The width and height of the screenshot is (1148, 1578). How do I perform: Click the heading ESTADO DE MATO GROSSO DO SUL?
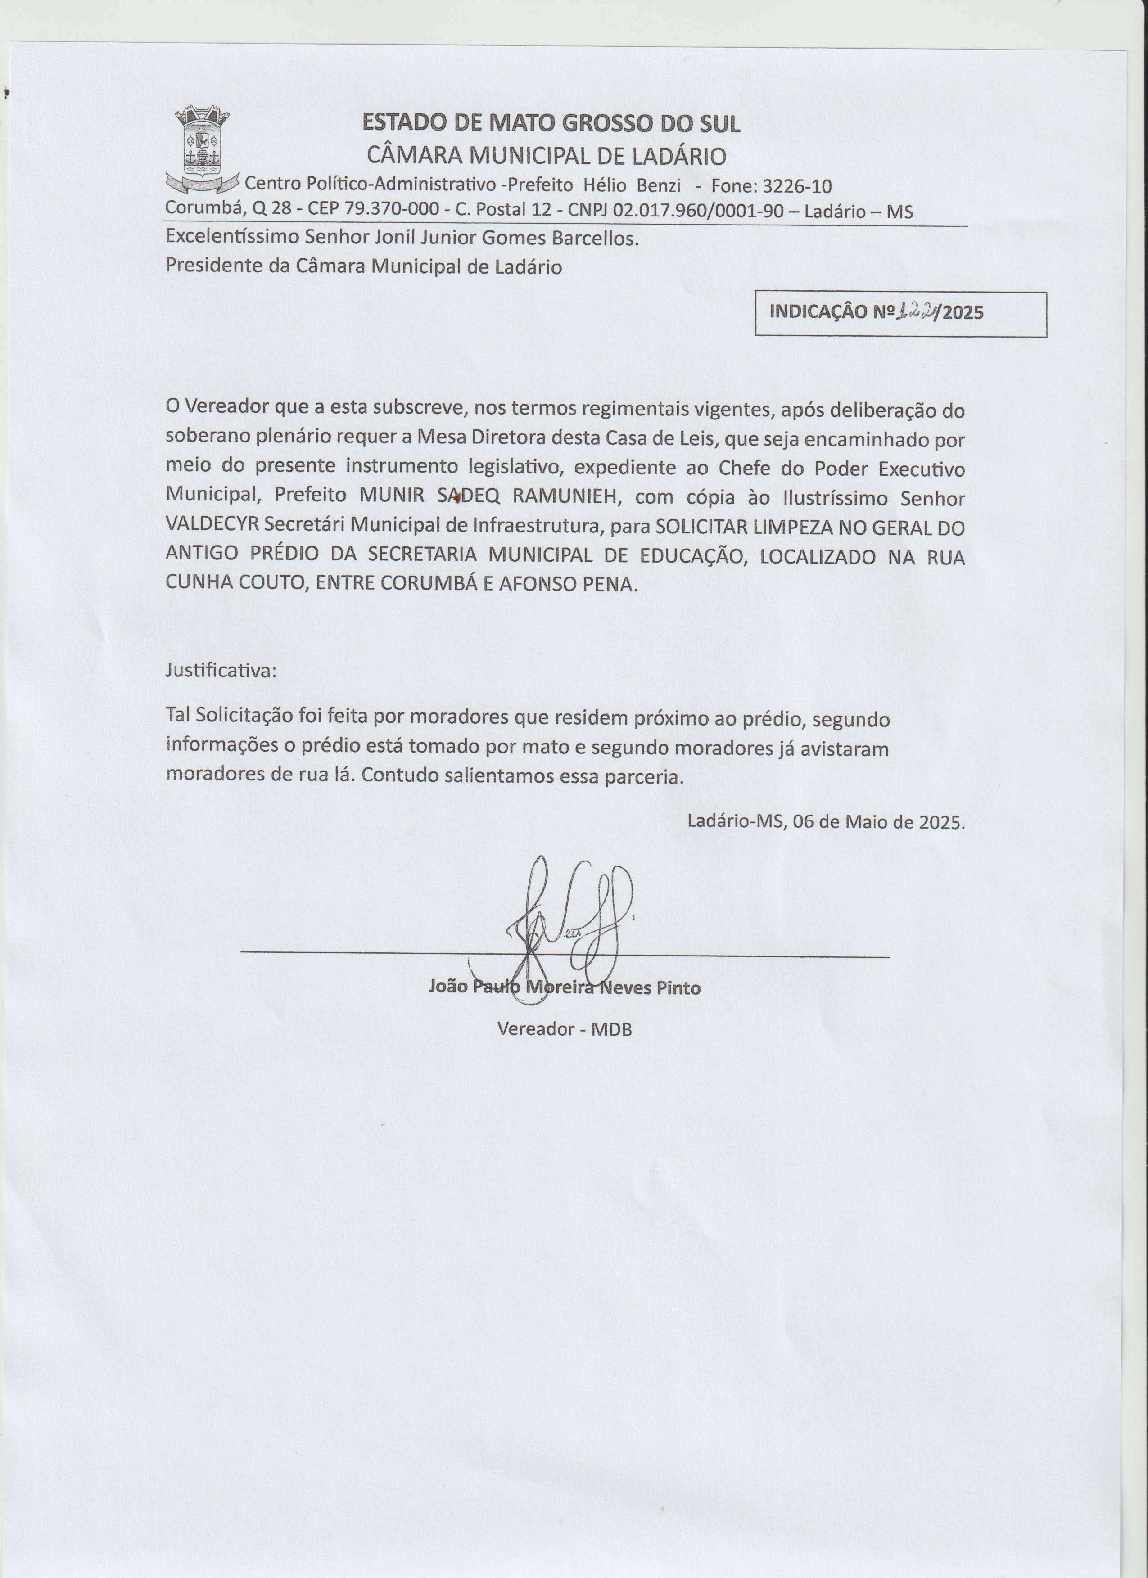coord(551,123)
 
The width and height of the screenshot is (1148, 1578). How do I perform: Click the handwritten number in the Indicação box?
coord(916,312)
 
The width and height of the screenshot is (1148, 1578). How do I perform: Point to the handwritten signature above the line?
coord(570,919)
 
